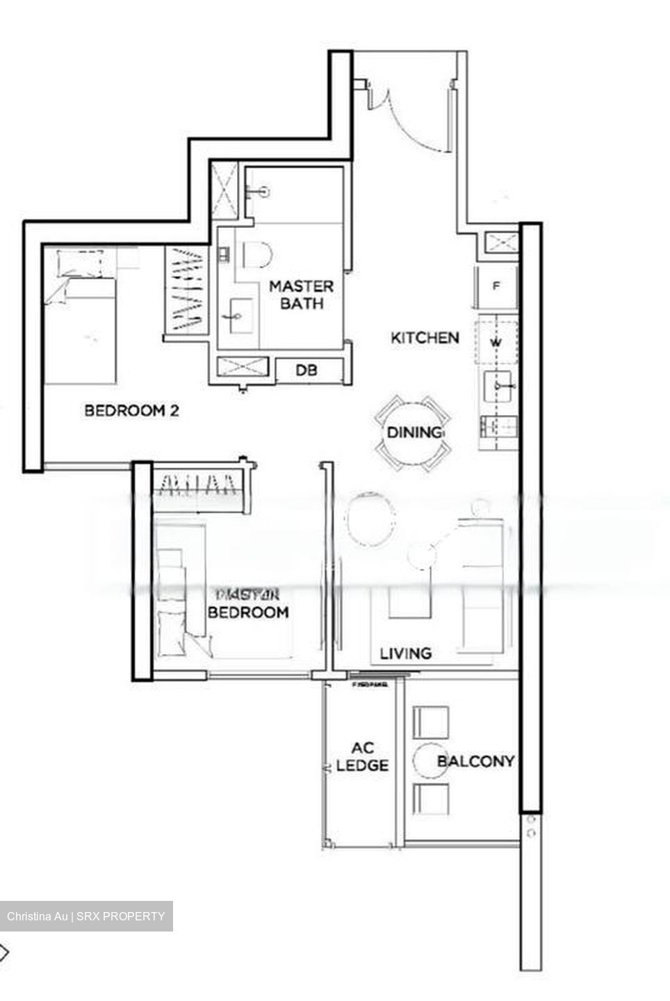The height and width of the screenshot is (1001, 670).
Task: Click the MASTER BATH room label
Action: click(x=301, y=295)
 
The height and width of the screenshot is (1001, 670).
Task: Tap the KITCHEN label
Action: click(x=425, y=338)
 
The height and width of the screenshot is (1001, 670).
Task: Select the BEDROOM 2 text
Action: click(x=131, y=410)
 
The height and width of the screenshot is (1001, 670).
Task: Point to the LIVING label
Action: click(x=406, y=653)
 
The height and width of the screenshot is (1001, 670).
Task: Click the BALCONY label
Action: click(x=475, y=761)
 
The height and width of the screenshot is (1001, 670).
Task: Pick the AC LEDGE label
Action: click(x=361, y=757)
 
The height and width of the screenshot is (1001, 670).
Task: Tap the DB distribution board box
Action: click(x=307, y=371)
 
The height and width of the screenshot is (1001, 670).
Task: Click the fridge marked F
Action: click(x=496, y=286)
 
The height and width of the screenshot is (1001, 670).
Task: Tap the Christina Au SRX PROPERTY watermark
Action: click(x=86, y=915)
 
